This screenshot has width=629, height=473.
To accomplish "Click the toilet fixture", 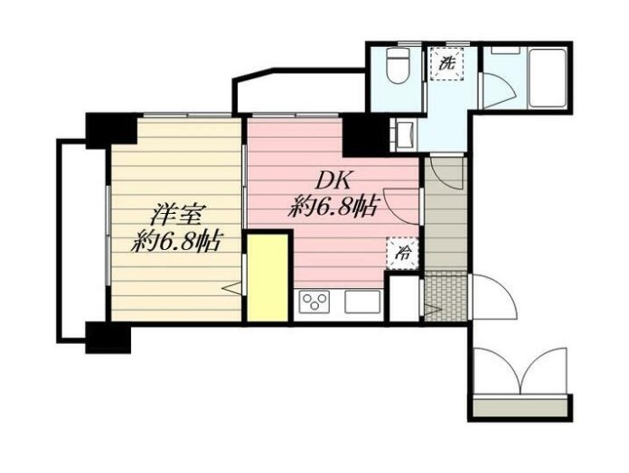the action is pos(397,65).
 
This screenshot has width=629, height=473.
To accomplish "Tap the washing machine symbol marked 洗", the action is pos(446,64).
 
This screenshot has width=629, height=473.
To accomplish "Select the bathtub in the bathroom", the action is pos(548,78).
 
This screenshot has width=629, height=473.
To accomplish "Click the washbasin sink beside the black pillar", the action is pos(406,134).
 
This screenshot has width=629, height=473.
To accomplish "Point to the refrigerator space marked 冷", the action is pos(403,253).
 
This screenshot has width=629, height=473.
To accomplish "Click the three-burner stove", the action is pos(315,301).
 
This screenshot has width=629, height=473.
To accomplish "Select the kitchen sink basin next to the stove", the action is pos(362,301).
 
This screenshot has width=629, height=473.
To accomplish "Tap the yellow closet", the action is pos(268,277).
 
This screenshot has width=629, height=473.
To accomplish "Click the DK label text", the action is pos(333,181).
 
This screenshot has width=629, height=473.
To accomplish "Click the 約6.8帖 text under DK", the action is pos(333,208).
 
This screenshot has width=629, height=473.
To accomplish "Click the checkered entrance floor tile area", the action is pos(446,296).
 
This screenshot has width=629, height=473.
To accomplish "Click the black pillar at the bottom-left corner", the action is pos(108,338).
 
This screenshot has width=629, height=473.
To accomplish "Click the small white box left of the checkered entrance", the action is pos(405,298).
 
